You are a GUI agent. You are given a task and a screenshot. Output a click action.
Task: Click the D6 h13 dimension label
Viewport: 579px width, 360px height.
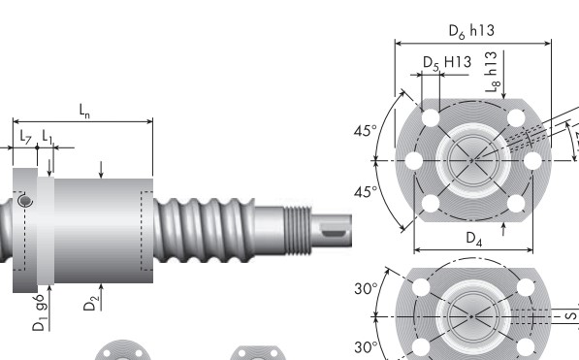point(471,31)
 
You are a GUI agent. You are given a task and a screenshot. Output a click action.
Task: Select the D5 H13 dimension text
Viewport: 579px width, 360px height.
point(446,63)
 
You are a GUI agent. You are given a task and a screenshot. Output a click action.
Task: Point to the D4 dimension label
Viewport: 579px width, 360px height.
point(472,238)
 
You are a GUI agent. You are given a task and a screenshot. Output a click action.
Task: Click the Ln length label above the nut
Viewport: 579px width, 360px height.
point(84,112)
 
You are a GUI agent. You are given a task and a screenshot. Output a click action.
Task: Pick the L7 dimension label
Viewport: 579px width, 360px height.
point(25,138)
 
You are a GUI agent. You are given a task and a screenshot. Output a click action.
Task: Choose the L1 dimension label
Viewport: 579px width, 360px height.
point(48,138)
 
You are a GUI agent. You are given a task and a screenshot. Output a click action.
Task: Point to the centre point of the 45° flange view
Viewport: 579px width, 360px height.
point(472,159)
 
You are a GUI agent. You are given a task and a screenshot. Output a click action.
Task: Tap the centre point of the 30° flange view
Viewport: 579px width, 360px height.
point(472,316)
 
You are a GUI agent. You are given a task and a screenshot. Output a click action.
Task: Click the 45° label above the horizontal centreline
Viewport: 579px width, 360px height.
point(366,130)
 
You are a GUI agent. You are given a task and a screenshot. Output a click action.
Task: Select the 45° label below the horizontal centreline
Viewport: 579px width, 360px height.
point(366,192)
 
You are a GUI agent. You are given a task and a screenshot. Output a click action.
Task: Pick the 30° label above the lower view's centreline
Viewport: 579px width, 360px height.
point(366,289)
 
